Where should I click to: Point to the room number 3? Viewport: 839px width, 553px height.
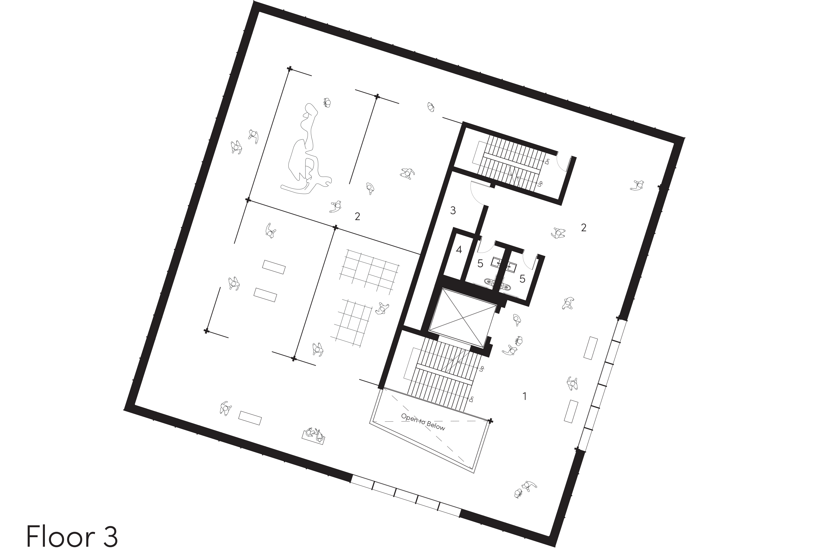(453, 211)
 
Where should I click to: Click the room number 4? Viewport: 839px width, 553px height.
(459, 250)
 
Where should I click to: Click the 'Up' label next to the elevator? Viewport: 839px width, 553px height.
(482, 368)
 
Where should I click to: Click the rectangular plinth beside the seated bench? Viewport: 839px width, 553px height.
(250, 418)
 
